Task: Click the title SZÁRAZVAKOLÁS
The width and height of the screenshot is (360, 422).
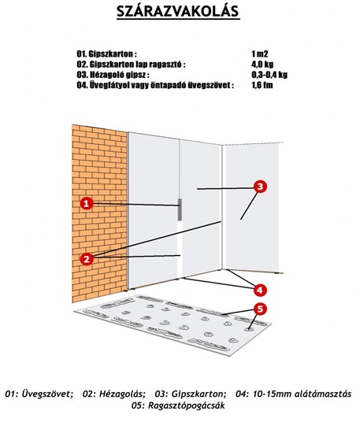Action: (178, 11)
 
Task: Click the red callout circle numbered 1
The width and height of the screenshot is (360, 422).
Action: (87, 203)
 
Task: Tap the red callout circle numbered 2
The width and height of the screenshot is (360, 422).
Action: (87, 259)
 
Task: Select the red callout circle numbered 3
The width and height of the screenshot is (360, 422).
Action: (260, 187)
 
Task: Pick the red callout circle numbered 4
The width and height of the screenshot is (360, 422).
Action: (260, 290)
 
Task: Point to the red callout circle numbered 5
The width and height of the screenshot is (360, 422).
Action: (260, 309)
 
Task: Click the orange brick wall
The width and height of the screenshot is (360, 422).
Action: (99, 213)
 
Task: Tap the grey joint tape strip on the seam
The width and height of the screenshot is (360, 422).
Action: (180, 210)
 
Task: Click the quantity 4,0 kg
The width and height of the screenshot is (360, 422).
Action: (262, 65)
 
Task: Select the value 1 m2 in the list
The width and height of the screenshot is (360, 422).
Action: (260, 54)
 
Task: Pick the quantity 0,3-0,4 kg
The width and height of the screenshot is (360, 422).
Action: (269, 75)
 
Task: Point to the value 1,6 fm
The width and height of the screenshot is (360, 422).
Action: (262, 85)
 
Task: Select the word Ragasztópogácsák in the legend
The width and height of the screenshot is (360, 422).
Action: (187, 405)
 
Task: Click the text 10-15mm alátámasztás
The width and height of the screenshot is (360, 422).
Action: (302, 394)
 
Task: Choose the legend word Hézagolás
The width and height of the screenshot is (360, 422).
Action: (122, 394)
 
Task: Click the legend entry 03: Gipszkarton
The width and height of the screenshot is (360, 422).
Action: (191, 394)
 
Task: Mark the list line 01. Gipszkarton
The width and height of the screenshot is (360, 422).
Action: (106, 54)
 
